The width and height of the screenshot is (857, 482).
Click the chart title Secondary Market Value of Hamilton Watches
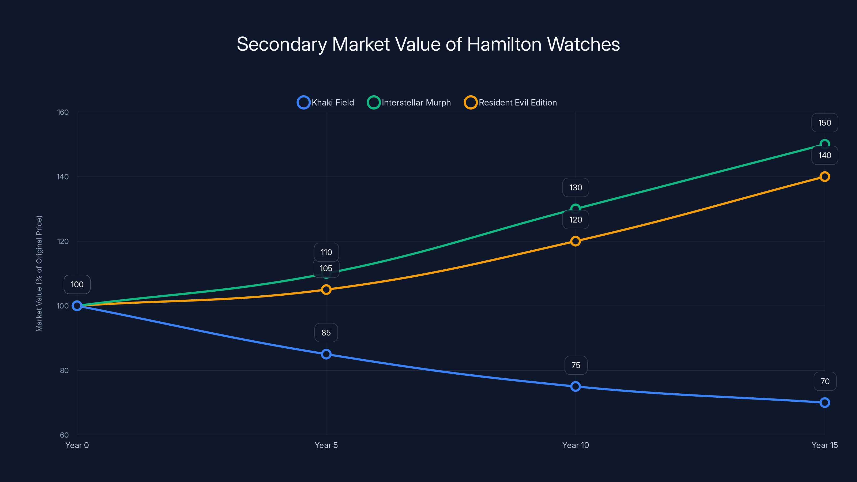click(428, 44)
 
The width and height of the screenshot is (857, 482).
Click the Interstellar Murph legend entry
click(409, 103)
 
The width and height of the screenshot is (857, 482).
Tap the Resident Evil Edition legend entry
click(510, 103)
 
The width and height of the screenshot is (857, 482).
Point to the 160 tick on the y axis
click(63, 112)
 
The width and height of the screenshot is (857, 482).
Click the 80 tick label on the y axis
click(64, 371)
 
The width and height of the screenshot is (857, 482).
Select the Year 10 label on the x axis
click(575, 445)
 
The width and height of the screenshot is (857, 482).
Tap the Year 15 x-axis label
click(824, 445)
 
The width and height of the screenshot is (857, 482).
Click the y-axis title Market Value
click(39, 273)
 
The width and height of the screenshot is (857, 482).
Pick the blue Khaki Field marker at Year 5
click(326, 354)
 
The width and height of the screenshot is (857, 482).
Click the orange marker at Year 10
click(575, 241)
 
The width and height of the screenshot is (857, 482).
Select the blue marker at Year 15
click(824, 402)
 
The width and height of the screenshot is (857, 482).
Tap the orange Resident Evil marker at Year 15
click(824, 177)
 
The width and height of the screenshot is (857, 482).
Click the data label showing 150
click(824, 123)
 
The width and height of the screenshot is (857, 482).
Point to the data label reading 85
click(326, 333)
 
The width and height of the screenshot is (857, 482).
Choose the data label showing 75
click(576, 365)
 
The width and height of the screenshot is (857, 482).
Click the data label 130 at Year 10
click(576, 188)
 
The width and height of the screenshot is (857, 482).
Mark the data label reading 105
click(326, 268)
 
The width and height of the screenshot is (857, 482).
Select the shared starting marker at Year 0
click(77, 306)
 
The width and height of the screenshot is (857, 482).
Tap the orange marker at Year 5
click(326, 290)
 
